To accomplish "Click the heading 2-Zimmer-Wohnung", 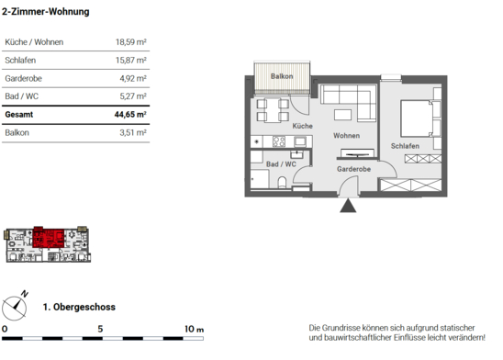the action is point(46,12).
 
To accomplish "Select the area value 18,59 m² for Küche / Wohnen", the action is point(131,42).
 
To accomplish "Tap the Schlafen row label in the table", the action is point(20,60).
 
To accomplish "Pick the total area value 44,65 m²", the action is point(130,114).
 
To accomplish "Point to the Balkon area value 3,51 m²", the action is point(133,132).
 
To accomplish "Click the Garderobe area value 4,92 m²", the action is point(133,78).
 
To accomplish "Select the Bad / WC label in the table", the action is point(21,96).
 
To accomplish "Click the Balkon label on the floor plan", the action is point(282,76).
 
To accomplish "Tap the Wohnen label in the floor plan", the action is point(346,135).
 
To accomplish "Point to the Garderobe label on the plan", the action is point(353,169).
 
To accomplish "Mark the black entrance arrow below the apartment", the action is point(348,206).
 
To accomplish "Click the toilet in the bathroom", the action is point(283,182).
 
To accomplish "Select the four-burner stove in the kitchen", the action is point(279,141).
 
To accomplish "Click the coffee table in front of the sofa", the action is point(342,115).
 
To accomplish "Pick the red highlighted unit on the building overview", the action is point(49,238).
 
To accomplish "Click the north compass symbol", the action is point(14,308).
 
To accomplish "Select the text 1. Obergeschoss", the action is point(79,307).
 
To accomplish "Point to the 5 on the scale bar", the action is point(100,329).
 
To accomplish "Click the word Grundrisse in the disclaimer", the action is point(341,328).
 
